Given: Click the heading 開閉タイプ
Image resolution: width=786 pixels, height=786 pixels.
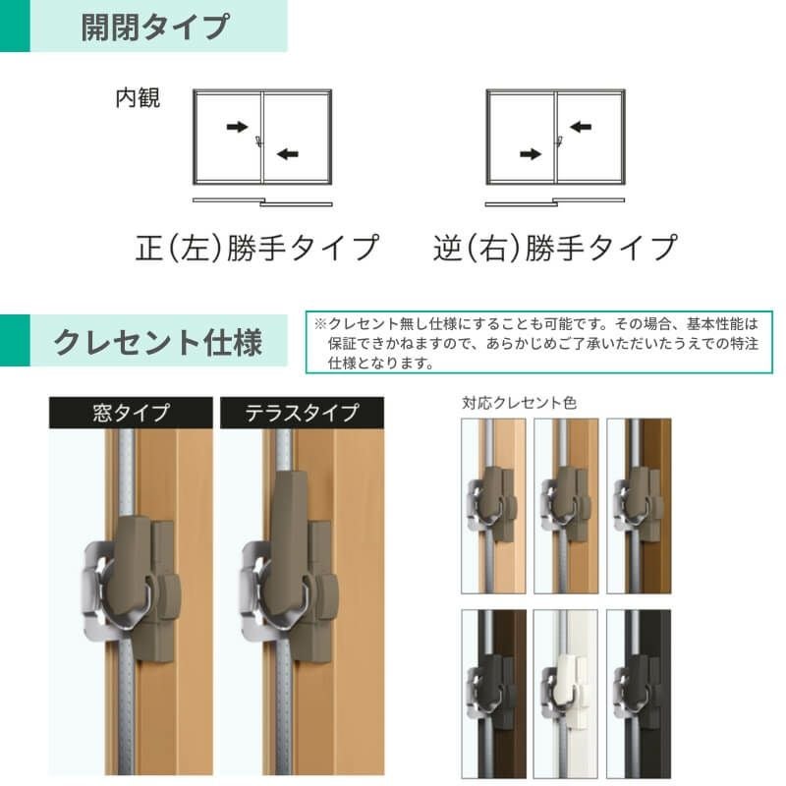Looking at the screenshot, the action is click(155, 27).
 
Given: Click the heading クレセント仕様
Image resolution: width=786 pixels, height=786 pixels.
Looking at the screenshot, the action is click(158, 342).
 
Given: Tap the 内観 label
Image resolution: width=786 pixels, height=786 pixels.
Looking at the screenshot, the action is click(138, 97).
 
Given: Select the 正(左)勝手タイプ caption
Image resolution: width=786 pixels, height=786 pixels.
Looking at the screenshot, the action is click(257, 248).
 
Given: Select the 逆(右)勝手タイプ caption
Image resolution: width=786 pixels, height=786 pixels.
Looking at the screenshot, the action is click(555, 248).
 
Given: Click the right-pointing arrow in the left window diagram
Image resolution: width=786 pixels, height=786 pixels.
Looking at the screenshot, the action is click(237, 127).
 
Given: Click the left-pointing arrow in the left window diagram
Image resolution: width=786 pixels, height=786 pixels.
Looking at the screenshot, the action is click(287, 153).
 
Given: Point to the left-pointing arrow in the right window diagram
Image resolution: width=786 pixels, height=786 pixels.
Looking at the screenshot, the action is click(581, 127).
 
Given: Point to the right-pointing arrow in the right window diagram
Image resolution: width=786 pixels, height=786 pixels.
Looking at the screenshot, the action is click(531, 153).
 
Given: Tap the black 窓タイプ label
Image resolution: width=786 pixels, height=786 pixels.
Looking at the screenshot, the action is click(131, 413).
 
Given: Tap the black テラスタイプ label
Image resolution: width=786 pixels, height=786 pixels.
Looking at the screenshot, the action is click(303, 413).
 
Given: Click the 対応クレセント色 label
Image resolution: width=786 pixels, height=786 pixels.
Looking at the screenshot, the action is click(519, 403).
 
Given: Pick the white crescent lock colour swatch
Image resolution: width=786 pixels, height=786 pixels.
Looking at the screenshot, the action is click(566, 694).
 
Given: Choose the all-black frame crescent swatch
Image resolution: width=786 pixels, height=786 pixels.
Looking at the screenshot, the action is click(639, 694).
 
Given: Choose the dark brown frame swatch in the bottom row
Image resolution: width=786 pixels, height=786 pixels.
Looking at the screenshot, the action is click(494, 694).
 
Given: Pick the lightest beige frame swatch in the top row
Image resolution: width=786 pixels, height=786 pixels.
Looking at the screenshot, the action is click(494, 506).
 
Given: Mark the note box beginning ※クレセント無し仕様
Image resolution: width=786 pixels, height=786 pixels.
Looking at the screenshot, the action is click(538, 342).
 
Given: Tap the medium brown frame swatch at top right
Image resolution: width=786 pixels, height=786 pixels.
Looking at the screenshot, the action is click(639, 506).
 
